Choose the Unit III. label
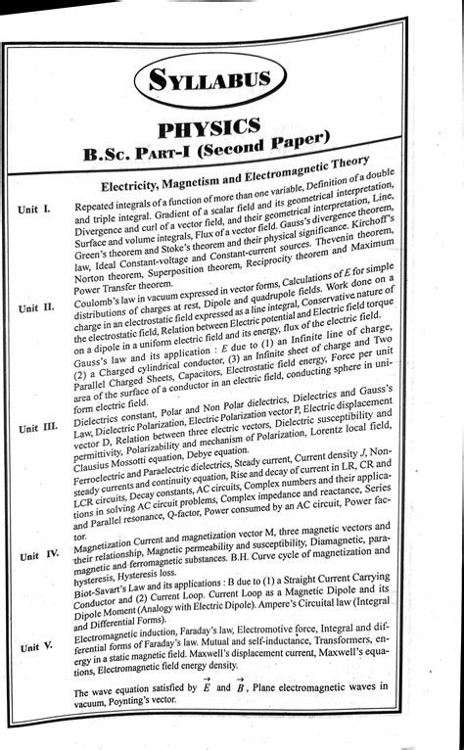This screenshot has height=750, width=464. click(40, 428)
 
